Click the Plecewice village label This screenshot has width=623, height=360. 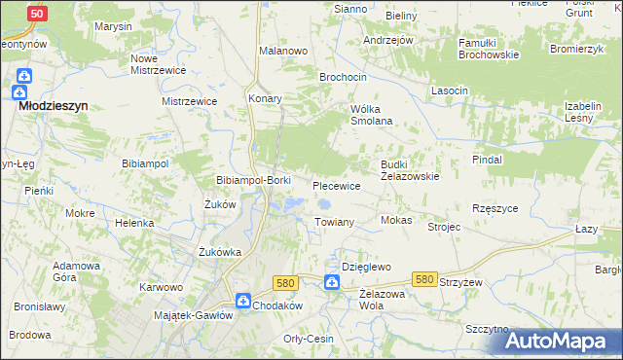[336, 185]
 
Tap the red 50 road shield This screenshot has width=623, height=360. [37, 14]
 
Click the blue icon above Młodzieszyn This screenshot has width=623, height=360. [24, 76]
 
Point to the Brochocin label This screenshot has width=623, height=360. [344, 76]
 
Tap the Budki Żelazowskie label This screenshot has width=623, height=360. [410, 170]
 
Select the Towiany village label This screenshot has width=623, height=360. [334, 222]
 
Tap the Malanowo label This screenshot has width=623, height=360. [283, 50]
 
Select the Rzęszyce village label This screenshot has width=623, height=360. [494, 208]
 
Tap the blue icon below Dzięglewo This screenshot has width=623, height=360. [332, 283]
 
